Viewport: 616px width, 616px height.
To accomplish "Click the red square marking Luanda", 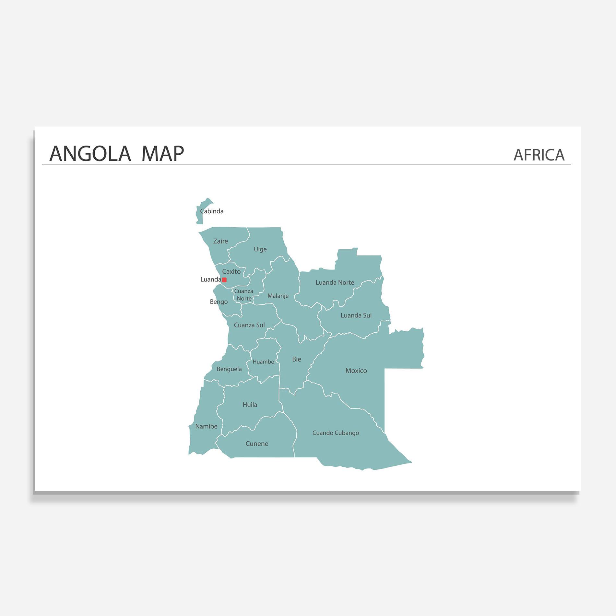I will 224,280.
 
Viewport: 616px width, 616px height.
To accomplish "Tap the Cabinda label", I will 212,211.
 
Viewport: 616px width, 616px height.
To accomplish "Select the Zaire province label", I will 220,241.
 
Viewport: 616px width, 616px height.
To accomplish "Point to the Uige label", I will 260,249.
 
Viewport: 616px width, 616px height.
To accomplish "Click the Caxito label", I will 231,272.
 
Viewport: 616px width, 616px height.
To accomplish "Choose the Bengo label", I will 219,302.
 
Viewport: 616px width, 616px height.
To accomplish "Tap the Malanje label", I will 278,296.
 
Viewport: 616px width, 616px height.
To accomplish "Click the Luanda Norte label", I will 335,283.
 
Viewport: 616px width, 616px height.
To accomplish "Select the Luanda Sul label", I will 356,315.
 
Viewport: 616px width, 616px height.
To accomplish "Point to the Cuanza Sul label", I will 249,325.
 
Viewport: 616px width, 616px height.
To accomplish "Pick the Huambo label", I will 263,362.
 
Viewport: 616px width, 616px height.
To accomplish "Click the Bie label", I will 296,359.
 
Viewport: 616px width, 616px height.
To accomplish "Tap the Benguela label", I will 229,369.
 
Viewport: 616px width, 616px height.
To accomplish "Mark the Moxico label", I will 356,371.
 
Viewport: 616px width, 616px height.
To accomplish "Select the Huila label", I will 250,405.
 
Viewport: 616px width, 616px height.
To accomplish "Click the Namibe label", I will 206,427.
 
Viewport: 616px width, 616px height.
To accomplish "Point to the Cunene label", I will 257,444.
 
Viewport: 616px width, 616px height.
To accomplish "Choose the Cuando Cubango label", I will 336,433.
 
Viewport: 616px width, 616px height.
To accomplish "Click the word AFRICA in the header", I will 539,155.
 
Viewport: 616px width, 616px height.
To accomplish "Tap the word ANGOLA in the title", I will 90,154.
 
